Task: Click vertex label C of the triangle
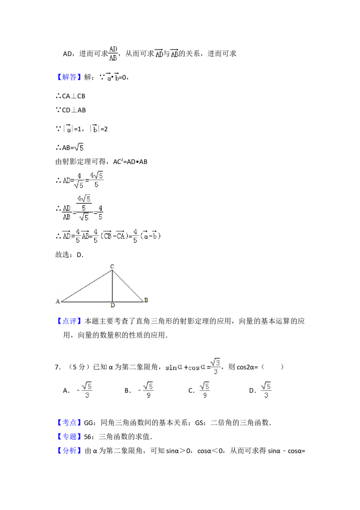[x=112, y=267]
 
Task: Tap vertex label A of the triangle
[x=58, y=302]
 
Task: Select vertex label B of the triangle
[x=146, y=300]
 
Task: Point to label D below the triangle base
[x=112, y=306]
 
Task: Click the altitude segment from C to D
[x=112, y=286]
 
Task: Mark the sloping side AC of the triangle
[x=86, y=286]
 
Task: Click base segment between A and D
[x=86, y=301]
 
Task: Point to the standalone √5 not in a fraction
[x=79, y=147]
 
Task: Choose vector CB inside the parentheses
[x=108, y=236]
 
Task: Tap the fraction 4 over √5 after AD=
[x=79, y=180]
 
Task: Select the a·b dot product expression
[x=113, y=77]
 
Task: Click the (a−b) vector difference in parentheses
[x=151, y=236]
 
